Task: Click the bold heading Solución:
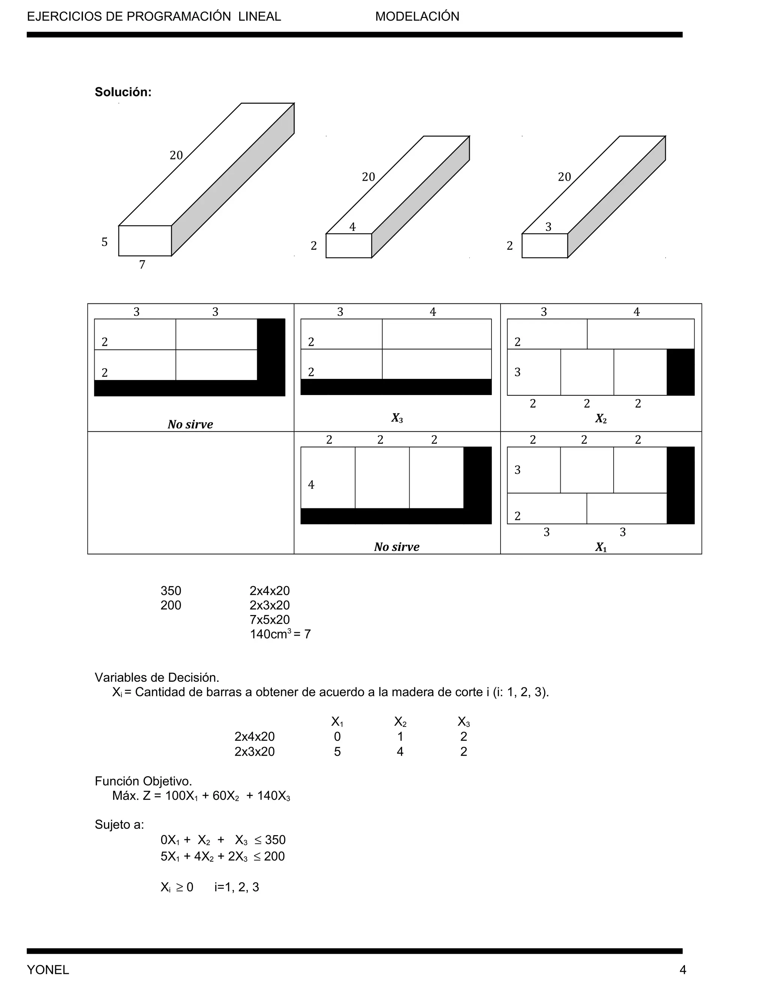pos(123,92)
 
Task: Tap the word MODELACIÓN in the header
pos(417,17)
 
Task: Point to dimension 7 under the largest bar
pos(142,265)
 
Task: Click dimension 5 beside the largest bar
pos(104,242)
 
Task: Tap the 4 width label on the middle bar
pos(352,227)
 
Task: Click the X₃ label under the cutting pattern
pos(397,418)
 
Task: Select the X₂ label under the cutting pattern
pos(600,418)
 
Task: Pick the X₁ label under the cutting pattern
pos(600,547)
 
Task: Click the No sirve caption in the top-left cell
pos(190,424)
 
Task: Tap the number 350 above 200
pos(171,591)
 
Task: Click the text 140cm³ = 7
pos(280,634)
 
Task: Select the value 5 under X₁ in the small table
pos(337,751)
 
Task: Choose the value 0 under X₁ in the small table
pos(337,737)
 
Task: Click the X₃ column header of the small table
pos(463,722)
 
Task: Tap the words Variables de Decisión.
pos(157,677)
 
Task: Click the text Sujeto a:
pos(119,825)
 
